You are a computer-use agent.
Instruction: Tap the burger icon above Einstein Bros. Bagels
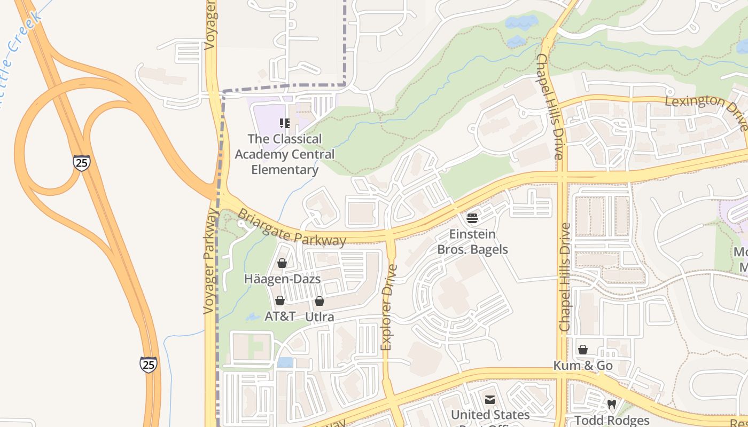click(472, 218)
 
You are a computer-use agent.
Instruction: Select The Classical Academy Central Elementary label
click(285, 154)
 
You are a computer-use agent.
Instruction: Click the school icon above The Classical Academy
click(285, 124)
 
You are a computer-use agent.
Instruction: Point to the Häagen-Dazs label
click(282, 279)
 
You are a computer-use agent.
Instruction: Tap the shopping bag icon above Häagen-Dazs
click(282, 263)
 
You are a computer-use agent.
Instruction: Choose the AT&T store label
click(280, 316)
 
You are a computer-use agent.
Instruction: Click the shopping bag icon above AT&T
click(280, 301)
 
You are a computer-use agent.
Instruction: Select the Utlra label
click(320, 317)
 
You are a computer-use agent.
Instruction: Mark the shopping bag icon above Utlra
click(320, 301)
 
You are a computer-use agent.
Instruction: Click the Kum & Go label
click(583, 366)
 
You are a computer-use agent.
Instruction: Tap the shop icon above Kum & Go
click(583, 350)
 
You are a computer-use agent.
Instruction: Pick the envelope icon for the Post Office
click(490, 400)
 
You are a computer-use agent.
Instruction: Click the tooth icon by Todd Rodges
click(612, 405)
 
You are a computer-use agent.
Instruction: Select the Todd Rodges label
click(612, 421)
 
